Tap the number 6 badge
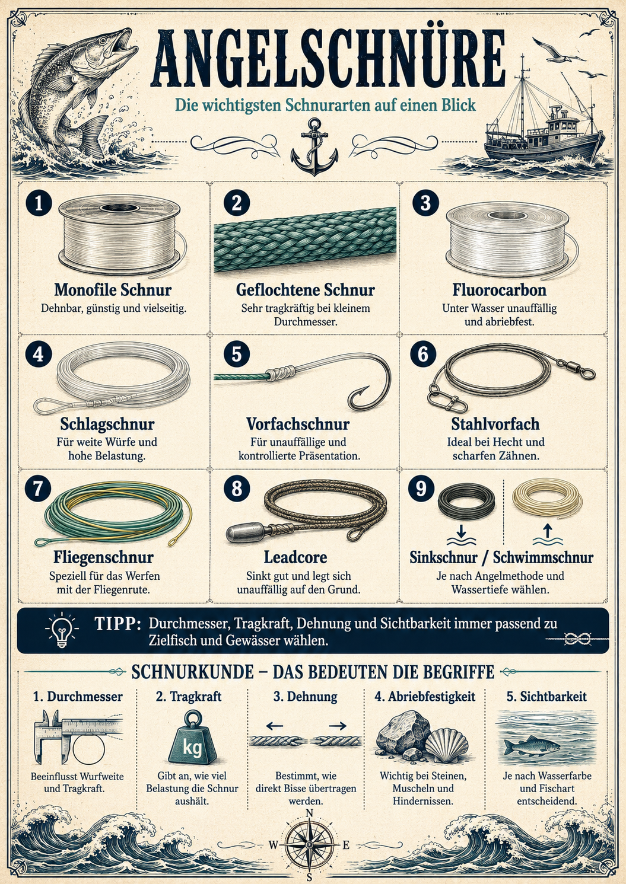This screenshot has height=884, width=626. pos(423,353)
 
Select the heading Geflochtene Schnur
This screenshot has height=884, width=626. pos(306,290)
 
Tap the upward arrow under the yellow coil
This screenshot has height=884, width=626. pos(547,532)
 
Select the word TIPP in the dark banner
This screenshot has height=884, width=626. pos(117,624)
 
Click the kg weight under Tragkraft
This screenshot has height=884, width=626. pos(192,739)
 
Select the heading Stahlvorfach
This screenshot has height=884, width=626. pos(495,424)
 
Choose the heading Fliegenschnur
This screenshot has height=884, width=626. pos(103,557)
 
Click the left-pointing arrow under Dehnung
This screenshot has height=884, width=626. pos(275,725)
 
